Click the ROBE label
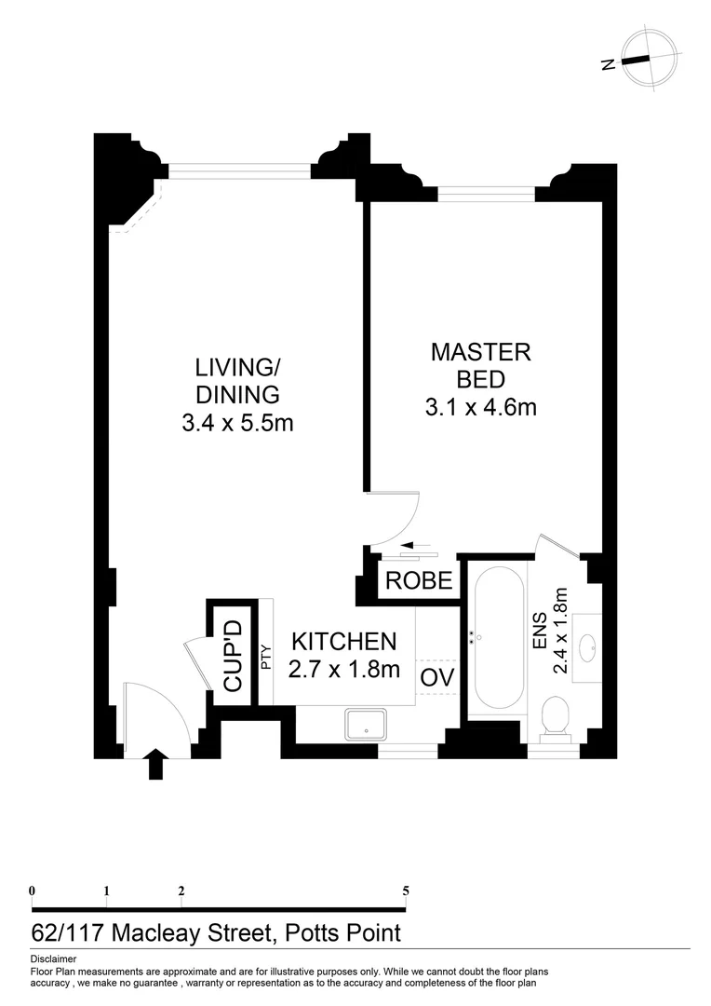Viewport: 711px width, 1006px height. [419, 581]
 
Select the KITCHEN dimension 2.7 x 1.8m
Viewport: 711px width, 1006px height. [344, 670]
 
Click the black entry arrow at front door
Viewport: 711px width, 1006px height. [156, 765]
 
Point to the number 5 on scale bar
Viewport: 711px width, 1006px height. [406, 890]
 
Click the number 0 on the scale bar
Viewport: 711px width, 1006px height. [33, 890]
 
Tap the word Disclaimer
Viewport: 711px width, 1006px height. [53, 958]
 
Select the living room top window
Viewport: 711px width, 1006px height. [239, 170]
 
